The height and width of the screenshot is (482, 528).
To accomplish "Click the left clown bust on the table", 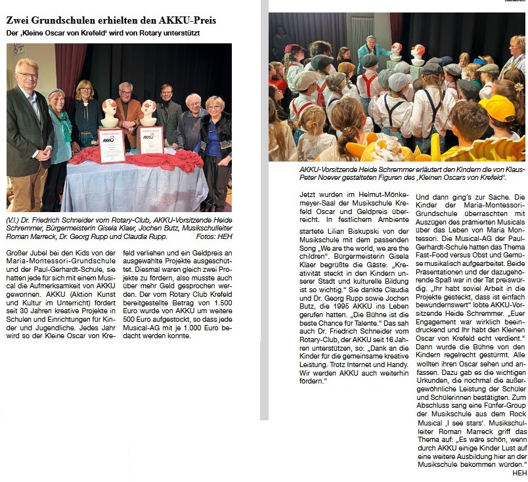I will tap(110, 114).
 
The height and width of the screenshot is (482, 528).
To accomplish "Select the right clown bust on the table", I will tap(149, 112).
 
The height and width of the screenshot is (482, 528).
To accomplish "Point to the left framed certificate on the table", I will tap(112, 146).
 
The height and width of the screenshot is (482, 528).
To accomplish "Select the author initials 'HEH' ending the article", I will tap(519, 472).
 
